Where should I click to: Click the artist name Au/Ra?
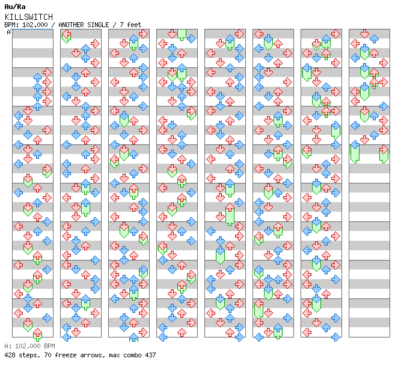(15, 7)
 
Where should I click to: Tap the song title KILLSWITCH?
(29, 17)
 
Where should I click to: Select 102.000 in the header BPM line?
(35, 25)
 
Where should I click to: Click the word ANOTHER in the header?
(71, 25)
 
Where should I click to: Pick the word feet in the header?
(134, 25)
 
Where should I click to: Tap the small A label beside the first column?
(8, 32)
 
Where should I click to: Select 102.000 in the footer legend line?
(28, 346)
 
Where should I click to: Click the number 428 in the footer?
(10, 355)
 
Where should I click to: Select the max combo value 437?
(150, 355)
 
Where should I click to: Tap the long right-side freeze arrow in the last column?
(384, 154)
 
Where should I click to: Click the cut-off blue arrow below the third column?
(133, 337)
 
